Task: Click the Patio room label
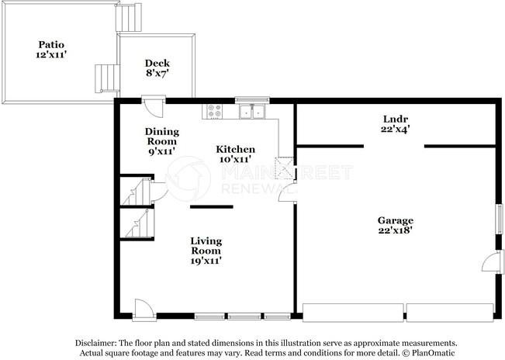51,44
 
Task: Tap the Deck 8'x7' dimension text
157,73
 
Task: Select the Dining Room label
161,137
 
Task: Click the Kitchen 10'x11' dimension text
235,159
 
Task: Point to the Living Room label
206,246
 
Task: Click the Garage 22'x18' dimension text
396,230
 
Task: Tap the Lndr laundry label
396,119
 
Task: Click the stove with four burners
213,112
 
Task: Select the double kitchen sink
252,112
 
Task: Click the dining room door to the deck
154,107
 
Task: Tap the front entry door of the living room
144,310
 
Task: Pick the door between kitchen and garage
288,192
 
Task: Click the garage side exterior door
493,261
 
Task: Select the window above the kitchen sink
252,100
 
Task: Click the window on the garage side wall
499,220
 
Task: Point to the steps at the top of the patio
129,17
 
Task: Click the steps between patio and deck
107,78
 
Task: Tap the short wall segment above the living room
212,206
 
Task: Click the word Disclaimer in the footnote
96,343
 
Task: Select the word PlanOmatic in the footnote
433,353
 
